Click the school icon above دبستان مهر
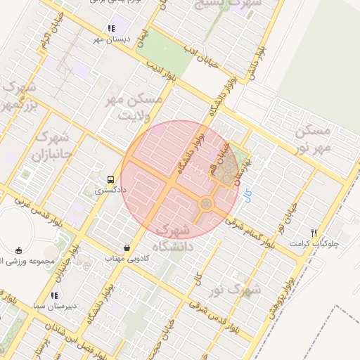[x=110, y=28]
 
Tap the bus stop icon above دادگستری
[x=110, y=179]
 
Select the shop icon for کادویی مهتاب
[x=127, y=248]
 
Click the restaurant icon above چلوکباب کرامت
[x=314, y=233]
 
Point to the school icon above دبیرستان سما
[x=54, y=295]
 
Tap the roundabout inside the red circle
[x=206, y=204]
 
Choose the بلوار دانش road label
[x=262, y=64]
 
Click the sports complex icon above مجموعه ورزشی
[x=18, y=250]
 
